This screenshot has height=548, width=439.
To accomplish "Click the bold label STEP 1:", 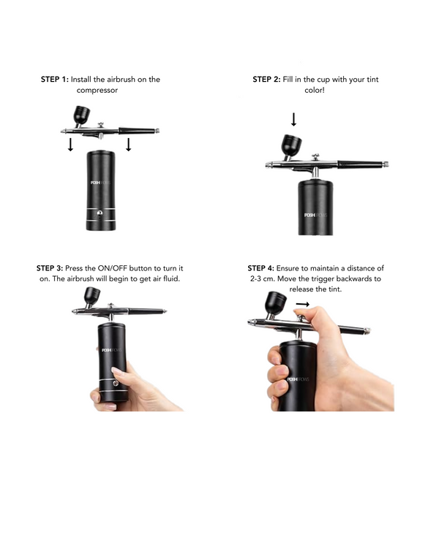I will pos(54,80).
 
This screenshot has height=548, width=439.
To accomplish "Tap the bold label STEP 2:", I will pos(266,80).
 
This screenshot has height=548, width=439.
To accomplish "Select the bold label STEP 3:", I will pos(50,268).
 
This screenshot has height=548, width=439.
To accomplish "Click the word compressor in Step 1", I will pos(97,91).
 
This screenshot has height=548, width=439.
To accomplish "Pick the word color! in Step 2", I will pos(315,91).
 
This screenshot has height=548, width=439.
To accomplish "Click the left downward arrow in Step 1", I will pos(70,145).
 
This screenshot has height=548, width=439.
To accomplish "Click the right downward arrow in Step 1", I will pos(128,145).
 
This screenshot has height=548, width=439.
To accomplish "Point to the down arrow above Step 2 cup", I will pos(293,119).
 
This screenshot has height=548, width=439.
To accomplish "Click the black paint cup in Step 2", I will pos(292,145).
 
